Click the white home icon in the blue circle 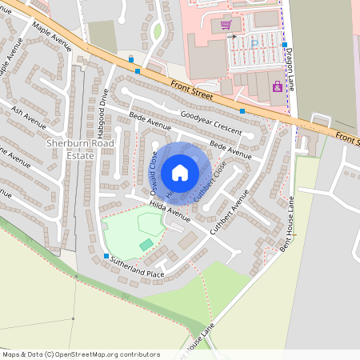(x=180, y=172)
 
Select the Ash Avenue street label (x=28, y=115)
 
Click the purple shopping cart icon (x=226, y=25)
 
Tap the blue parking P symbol (x=254, y=43)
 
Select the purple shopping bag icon (x=277, y=87)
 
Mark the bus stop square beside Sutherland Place (x=106, y=257)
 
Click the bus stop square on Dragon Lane (x=285, y=45)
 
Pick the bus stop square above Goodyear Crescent (x=242, y=110)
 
